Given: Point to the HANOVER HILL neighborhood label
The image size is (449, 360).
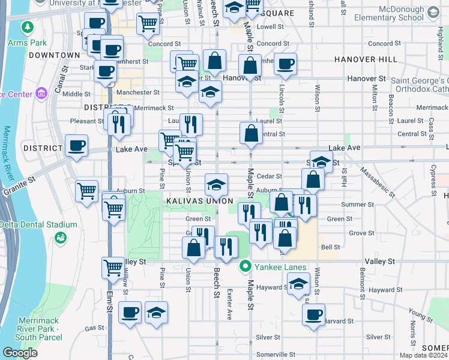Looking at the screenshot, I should click(366, 60).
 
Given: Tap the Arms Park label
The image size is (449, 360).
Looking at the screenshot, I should click(27, 43).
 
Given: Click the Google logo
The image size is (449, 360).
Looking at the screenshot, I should click(20, 353).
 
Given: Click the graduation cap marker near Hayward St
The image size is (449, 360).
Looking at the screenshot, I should click(298, 284).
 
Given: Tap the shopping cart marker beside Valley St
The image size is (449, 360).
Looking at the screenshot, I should click(113, 268).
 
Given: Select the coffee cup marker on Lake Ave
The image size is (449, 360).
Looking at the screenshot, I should click(77, 146).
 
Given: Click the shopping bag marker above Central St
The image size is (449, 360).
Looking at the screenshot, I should click(251, 133).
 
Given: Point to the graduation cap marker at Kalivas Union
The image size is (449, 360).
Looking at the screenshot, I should click(216, 184).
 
